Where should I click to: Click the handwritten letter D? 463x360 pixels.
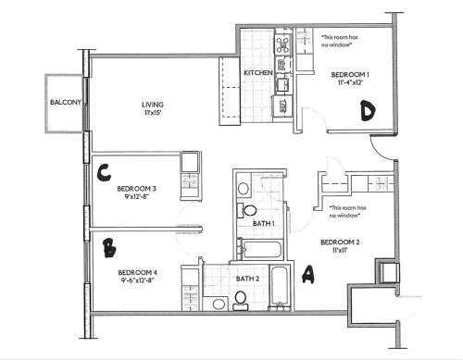tap(367, 112)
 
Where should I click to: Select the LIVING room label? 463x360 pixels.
tap(154, 105)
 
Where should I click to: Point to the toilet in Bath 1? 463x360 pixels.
tap(245, 209)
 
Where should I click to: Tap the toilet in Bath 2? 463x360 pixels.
tap(241, 298)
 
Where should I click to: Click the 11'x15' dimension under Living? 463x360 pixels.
tap(154, 114)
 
